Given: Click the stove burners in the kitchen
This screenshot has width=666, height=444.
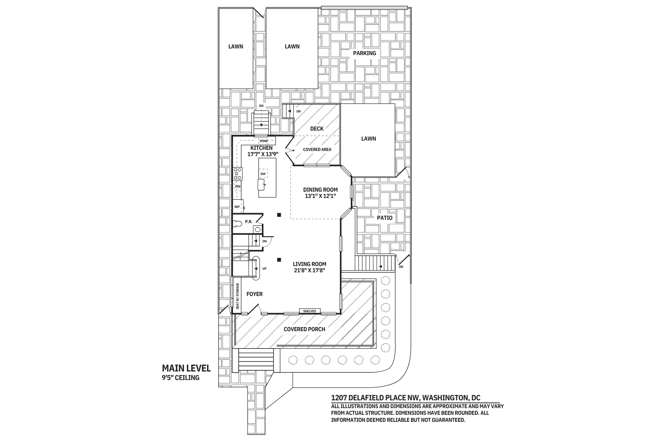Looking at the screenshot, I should click(x=238, y=174).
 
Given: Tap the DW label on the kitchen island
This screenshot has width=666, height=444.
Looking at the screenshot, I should click(x=263, y=174).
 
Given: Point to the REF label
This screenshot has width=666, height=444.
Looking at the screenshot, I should click(x=237, y=207).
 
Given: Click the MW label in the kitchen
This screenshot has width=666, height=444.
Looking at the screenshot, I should click(x=238, y=186).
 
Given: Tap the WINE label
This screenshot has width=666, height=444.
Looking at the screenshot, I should click(x=263, y=141).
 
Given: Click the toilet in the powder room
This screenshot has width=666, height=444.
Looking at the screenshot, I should click(x=238, y=223).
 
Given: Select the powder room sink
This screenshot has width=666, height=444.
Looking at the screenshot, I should click(x=258, y=229).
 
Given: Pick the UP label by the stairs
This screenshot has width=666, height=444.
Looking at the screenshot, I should click(x=264, y=269).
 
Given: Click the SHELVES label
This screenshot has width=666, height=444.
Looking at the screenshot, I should click(x=310, y=311).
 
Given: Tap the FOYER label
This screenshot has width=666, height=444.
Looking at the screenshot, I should click(x=255, y=294).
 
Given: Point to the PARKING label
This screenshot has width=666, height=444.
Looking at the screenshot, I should click(x=364, y=53).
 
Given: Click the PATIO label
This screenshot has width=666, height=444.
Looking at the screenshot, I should click(x=385, y=218).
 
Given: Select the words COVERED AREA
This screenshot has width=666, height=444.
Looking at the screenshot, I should click(x=317, y=149).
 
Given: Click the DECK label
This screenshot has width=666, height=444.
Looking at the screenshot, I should click(x=317, y=129).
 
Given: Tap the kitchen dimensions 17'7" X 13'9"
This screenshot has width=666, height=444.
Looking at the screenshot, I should click(x=263, y=154).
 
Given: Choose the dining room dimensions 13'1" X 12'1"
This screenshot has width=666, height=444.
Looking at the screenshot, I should click(x=320, y=196).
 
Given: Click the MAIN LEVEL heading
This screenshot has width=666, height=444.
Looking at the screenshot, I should click(x=186, y=368).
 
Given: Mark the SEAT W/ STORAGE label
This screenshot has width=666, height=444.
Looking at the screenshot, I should click(x=238, y=296).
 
